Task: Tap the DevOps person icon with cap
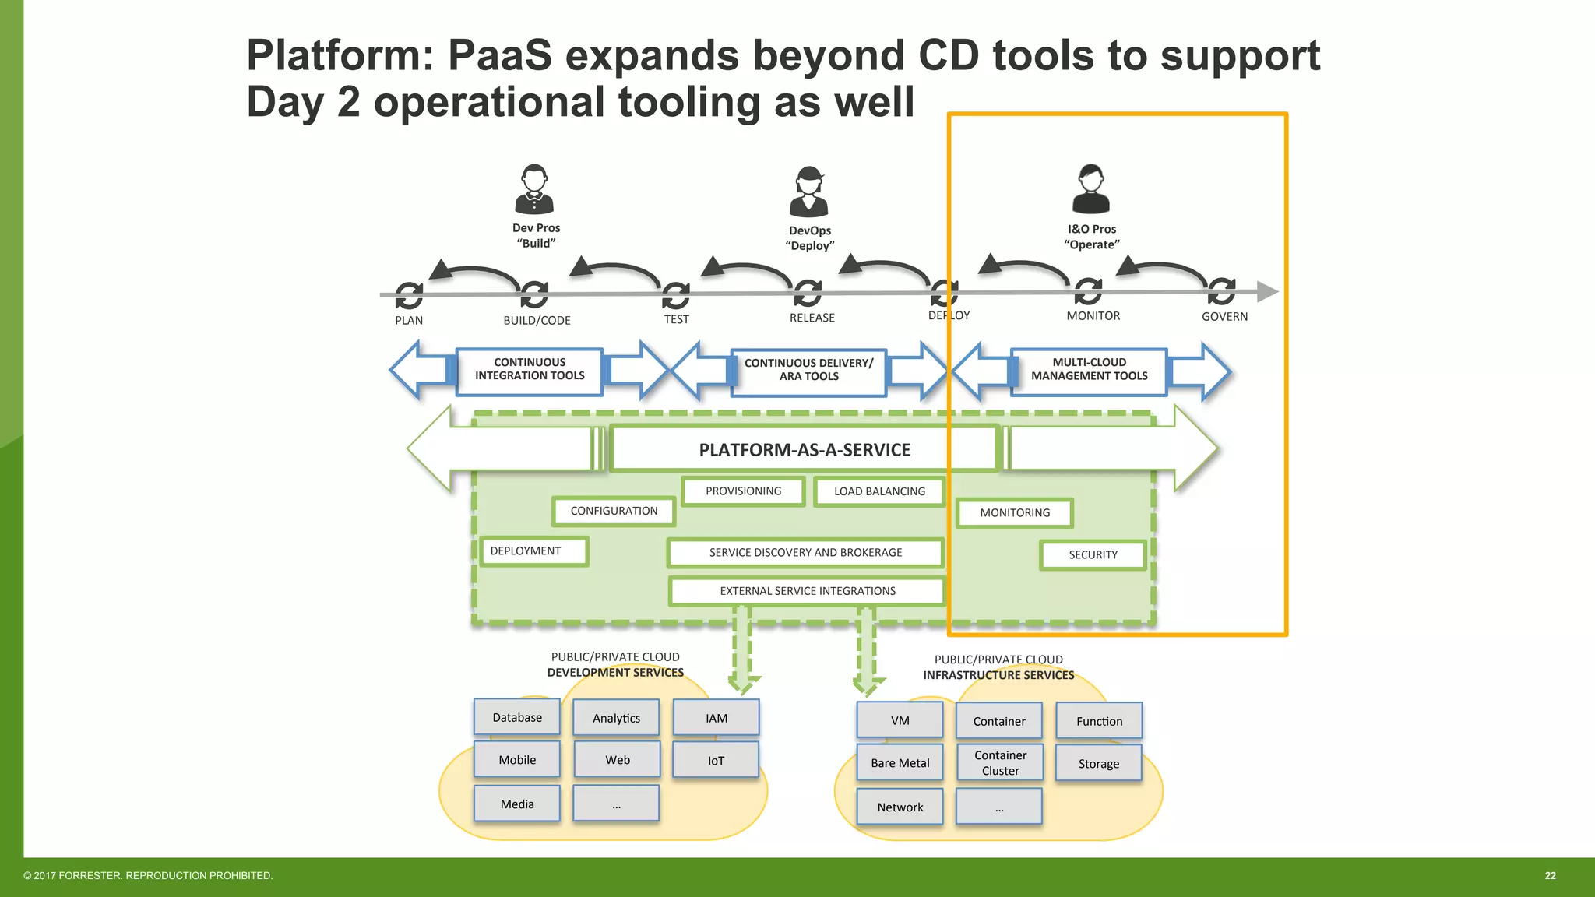(809, 192)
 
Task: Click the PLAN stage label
(409, 320)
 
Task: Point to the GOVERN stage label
(1224, 316)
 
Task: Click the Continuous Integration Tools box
(530, 370)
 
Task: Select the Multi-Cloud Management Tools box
(1089, 370)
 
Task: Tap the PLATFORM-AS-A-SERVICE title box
(805, 450)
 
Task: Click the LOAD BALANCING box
(879, 491)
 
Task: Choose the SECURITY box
(1093, 555)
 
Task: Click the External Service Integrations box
(808, 591)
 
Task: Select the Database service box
(517, 717)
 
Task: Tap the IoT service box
(716, 760)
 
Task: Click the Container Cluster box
(1000, 762)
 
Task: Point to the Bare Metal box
(900, 762)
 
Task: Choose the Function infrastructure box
(1099, 721)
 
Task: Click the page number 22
(1550, 876)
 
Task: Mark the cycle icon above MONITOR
(1088, 291)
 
